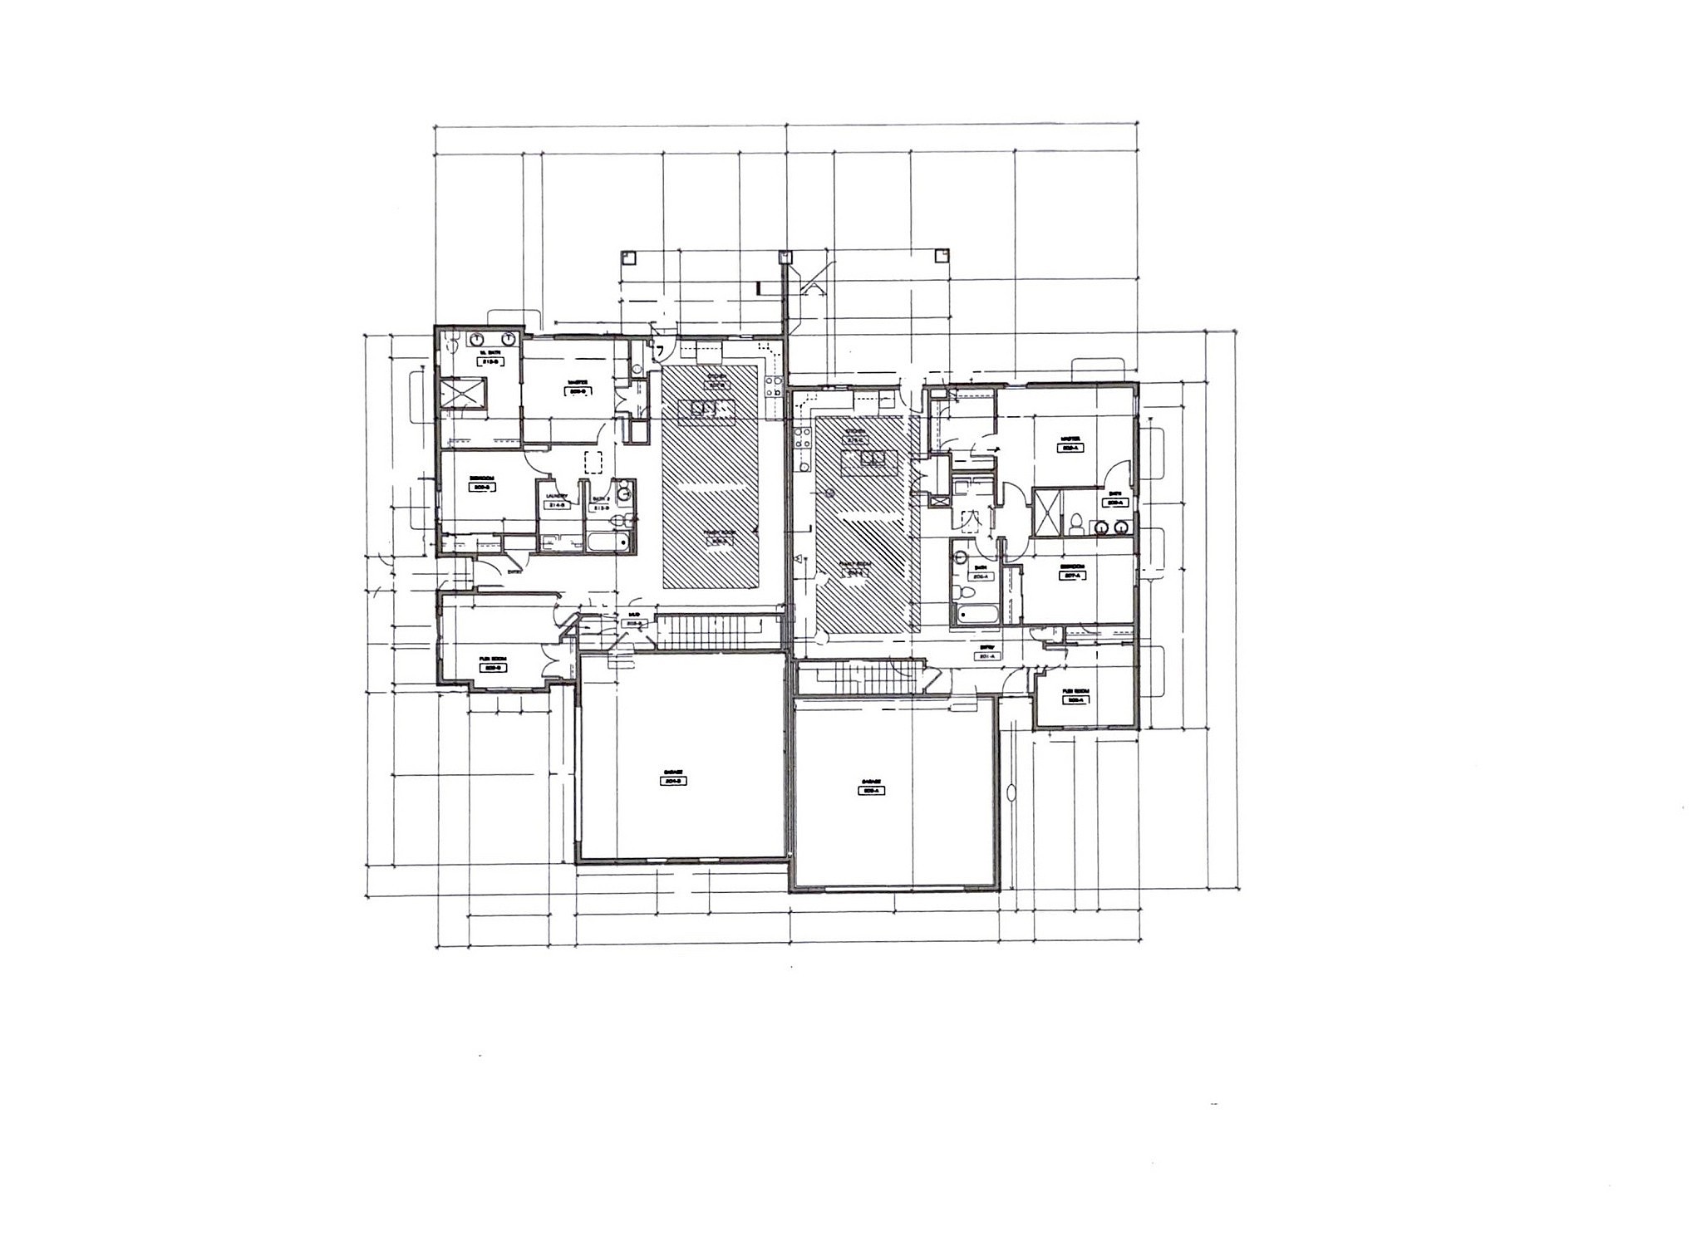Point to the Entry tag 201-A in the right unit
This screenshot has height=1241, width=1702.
coord(987,652)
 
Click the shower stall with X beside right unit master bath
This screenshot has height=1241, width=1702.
coord(1045,514)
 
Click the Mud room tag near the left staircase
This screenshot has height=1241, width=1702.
coord(634,620)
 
